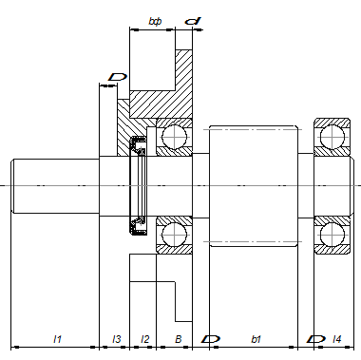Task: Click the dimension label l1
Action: [57, 339]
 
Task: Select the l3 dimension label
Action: [117, 339]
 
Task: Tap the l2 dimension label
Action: [144, 339]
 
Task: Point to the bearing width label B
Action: [179, 339]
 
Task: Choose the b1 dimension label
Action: [256, 339]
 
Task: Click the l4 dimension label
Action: [337, 339]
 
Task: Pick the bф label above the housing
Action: [155, 21]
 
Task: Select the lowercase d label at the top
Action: [193, 21]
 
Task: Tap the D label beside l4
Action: [315, 339]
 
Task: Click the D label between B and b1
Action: [211, 339]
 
